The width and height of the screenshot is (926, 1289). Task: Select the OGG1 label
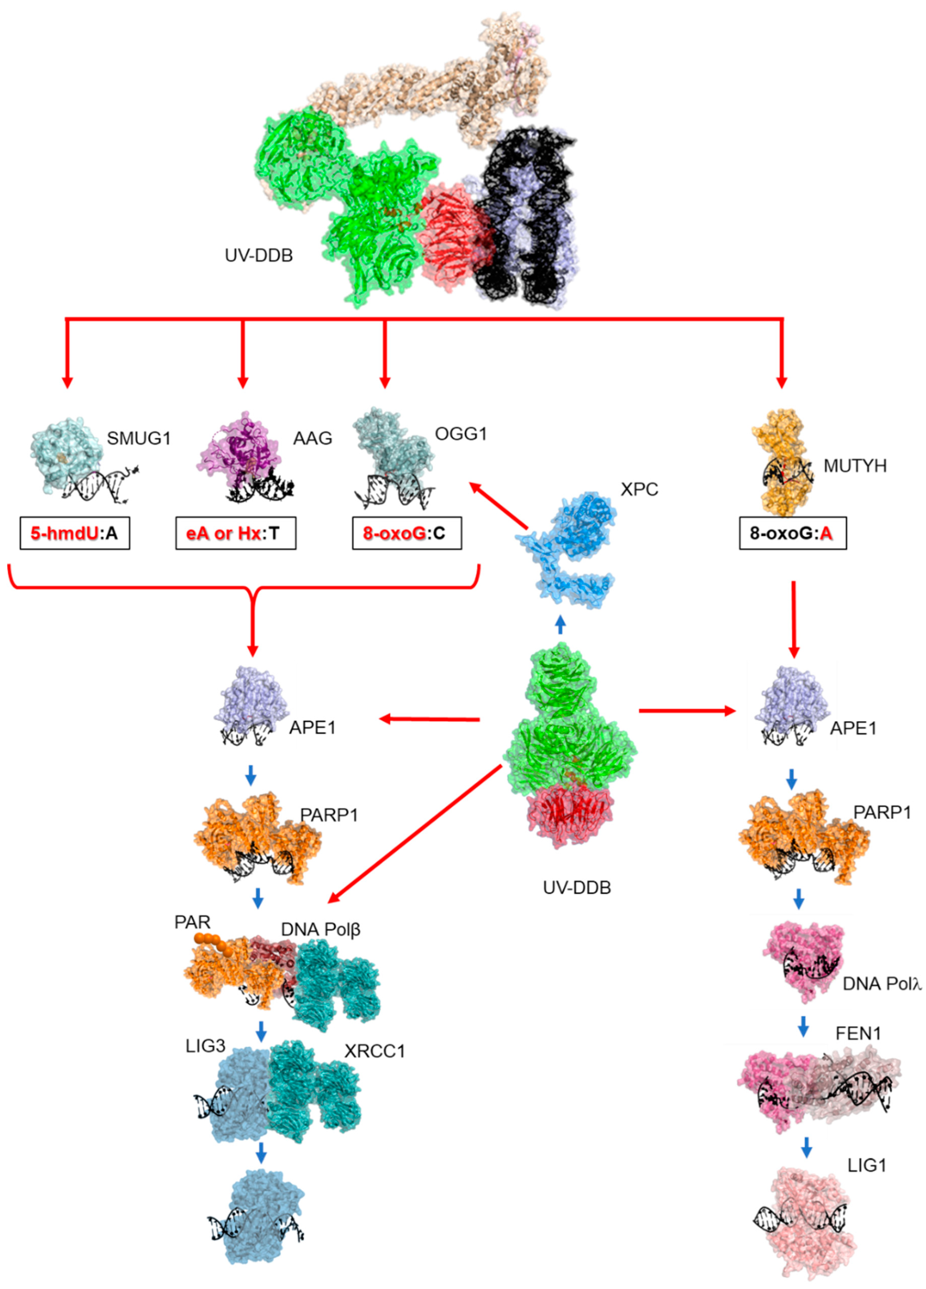(461, 434)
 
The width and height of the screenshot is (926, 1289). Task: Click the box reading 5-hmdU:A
(74, 533)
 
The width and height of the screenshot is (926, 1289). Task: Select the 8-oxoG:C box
(407, 533)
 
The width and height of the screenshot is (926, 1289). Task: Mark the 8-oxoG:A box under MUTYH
(793, 533)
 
